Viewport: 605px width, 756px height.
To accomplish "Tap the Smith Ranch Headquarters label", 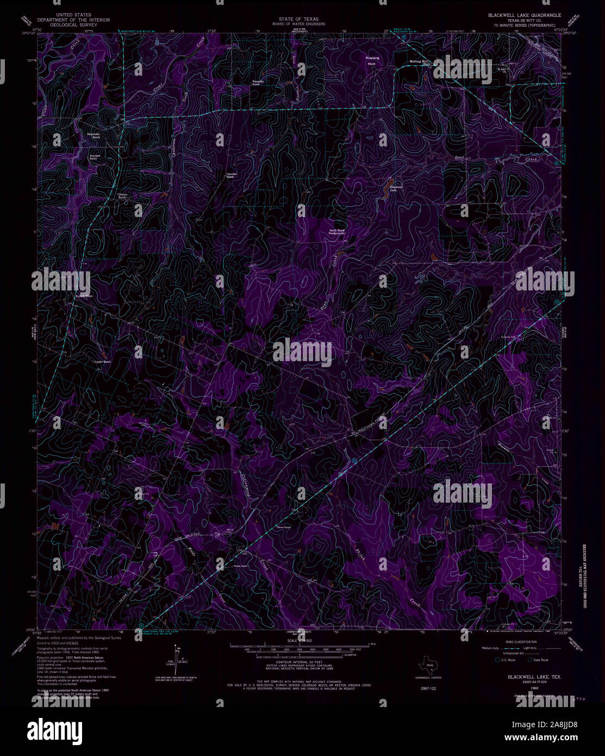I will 337,231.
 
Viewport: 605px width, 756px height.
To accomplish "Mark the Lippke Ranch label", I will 103,361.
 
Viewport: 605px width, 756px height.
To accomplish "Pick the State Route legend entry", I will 540,660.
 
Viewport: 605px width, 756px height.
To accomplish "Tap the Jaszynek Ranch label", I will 96,157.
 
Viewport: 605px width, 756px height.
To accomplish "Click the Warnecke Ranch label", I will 258,83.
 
